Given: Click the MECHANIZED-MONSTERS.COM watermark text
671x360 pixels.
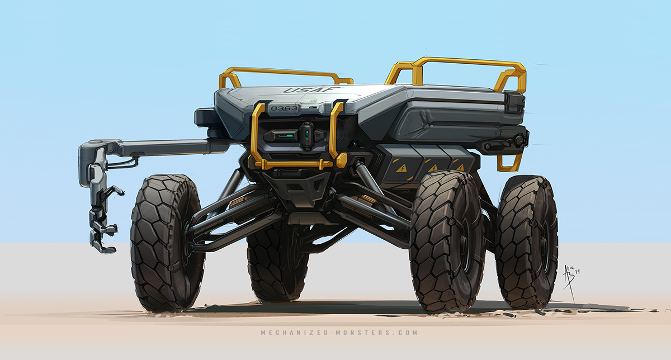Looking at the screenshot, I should [339, 333].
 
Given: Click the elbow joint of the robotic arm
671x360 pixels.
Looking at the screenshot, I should [92, 149].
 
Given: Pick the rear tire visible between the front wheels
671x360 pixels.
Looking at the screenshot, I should [274, 263].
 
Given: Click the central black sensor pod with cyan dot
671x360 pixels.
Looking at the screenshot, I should [306, 135].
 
